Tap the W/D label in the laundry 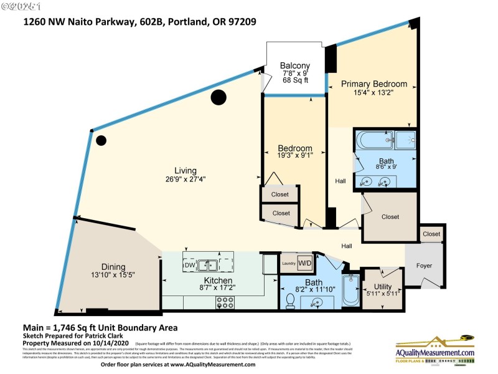pyautogui.click(x=305, y=262)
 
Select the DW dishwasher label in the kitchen pyautogui.click(x=190, y=265)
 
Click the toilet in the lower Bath pyautogui.click(x=290, y=300)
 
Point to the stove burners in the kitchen pyautogui.click(x=224, y=302)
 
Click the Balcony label pyautogui.click(x=294, y=66)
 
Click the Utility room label pyautogui.click(x=383, y=286)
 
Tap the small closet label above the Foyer pyautogui.click(x=431, y=234)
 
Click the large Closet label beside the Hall pyautogui.click(x=390, y=217)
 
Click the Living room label pyautogui.click(x=186, y=170)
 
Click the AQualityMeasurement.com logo pyautogui.click(x=435, y=350)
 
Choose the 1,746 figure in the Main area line pyautogui.click(x=68, y=327)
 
